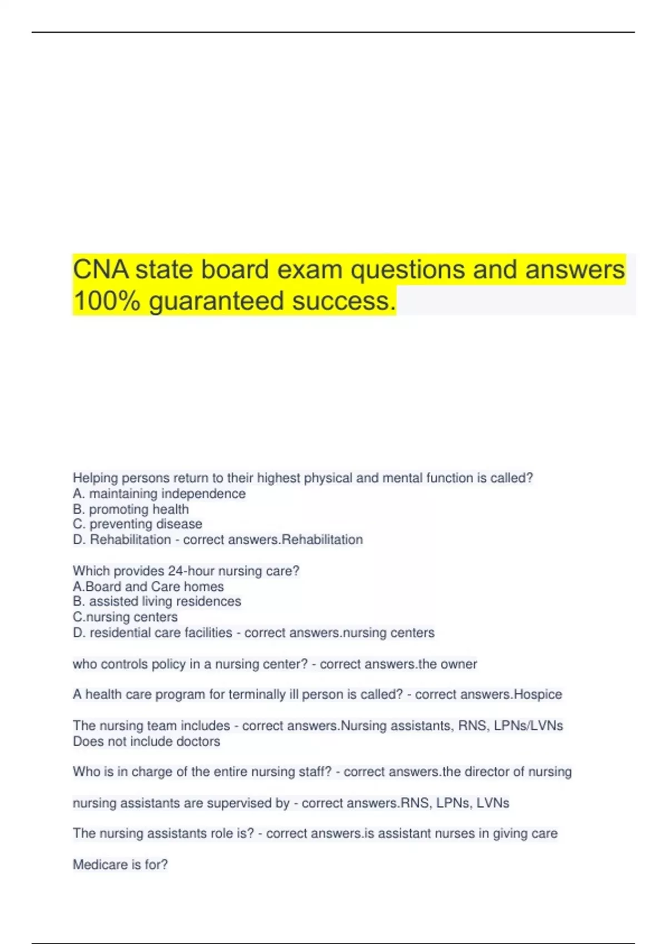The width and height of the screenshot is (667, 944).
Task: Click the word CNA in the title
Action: click(x=102, y=270)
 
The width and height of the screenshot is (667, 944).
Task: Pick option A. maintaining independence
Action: click(x=159, y=494)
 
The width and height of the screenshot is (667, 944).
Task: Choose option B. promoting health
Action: click(x=131, y=509)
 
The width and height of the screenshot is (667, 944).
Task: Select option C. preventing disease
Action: click(x=137, y=524)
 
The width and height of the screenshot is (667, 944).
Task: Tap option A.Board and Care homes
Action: click(x=148, y=586)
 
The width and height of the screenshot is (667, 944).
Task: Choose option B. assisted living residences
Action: click(x=157, y=601)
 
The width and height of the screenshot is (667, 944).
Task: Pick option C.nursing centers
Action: click(x=125, y=617)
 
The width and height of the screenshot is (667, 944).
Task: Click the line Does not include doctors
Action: click(x=146, y=741)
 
